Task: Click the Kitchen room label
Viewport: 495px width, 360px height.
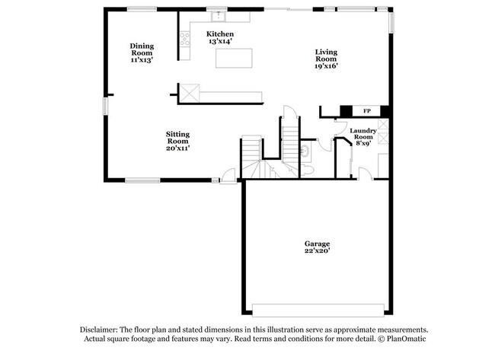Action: click(220, 34)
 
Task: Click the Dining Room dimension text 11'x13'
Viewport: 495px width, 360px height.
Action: click(141, 59)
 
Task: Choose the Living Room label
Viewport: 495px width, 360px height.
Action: click(326, 55)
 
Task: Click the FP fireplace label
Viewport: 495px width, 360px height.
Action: click(366, 111)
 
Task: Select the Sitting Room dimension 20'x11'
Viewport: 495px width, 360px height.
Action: click(177, 148)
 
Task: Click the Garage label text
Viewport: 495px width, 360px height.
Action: click(318, 244)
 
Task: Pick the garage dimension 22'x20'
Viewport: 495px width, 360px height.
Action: click(318, 250)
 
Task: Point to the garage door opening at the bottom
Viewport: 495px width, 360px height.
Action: click(318, 310)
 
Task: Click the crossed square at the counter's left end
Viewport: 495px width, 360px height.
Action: click(189, 93)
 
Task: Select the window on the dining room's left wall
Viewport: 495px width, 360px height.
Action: click(106, 107)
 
